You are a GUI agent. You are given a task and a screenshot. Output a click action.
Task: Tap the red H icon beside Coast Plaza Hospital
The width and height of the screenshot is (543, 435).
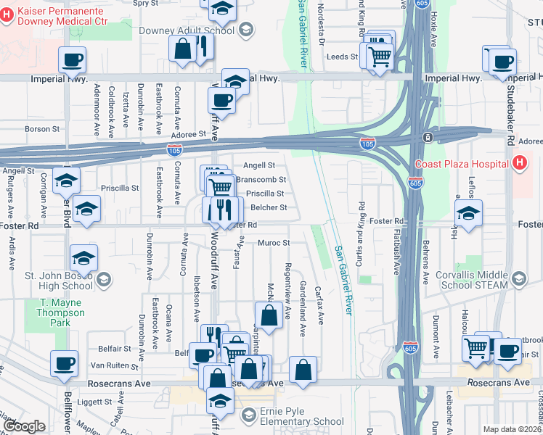pos(520,164)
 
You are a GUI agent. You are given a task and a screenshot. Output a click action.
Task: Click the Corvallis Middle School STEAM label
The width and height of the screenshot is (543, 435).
pos(471,281)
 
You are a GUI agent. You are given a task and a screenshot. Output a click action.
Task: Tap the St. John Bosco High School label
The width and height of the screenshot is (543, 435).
pos(59,280)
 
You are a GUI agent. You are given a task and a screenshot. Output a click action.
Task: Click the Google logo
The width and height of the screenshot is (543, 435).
pos(25,426)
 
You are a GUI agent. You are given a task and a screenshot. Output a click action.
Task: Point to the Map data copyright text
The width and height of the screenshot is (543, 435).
pos(512,429)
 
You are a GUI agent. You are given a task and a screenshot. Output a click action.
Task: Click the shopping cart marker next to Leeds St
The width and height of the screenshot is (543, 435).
pos(380,56)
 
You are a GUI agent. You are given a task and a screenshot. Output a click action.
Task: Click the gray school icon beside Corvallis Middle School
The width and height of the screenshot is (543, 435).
pos(518,278)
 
